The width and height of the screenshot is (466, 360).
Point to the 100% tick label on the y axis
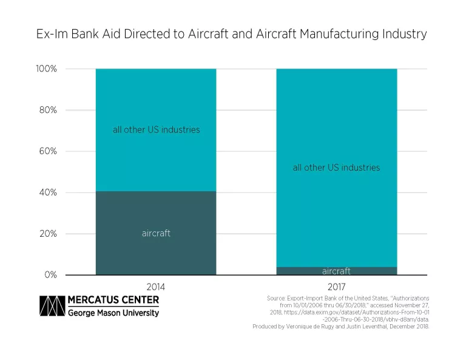[46, 69]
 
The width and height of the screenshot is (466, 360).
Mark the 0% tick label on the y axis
[50, 275]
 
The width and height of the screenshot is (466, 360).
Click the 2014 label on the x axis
[156, 286]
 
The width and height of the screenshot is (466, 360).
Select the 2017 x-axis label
[336, 286]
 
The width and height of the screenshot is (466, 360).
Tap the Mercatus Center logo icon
[52, 306]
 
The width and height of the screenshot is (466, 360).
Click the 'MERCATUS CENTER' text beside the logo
[113, 300]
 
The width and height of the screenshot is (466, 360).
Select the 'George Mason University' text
[113, 313]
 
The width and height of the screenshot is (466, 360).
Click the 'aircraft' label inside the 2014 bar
[156, 233]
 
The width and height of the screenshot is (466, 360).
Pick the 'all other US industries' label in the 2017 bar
[336, 168]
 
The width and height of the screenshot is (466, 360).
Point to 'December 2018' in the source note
[408, 327]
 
